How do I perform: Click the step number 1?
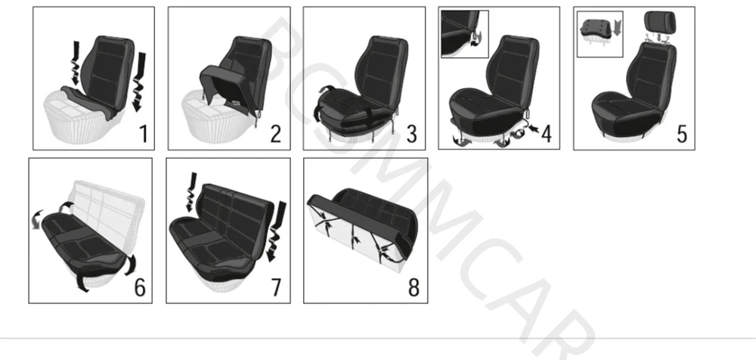143,134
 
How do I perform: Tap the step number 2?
275,134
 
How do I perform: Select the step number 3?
411,134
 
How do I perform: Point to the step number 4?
547,134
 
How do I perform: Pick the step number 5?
682,134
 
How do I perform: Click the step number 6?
139,287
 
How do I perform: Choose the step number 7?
276,287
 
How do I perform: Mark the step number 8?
414,287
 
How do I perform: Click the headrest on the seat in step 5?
661,21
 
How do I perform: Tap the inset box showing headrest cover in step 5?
600,34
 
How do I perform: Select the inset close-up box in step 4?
465,34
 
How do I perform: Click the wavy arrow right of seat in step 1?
139,81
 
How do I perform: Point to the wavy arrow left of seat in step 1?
75,63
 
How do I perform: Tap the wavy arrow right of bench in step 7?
276,231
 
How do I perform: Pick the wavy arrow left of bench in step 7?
192,192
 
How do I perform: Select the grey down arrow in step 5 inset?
617,27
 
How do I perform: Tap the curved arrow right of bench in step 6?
130,265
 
